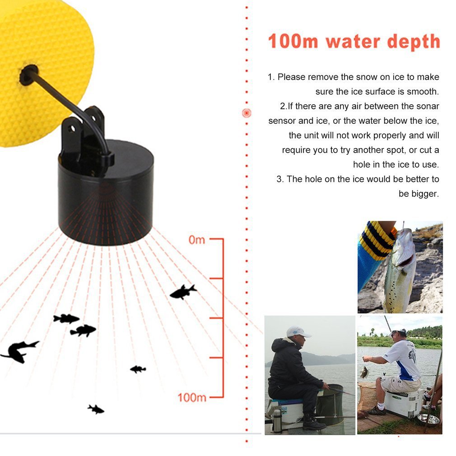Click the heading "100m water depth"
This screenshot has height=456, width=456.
click(x=354, y=42)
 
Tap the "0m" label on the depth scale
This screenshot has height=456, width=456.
click(x=196, y=240)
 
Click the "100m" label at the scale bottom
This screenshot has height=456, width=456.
click(x=191, y=397)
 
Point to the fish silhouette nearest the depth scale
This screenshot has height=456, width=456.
click(x=183, y=292)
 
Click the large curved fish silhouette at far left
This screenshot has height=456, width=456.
click(x=19, y=351)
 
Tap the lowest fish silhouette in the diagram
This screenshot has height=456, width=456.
click(x=96, y=409)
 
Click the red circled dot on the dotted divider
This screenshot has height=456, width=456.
click(x=247, y=113)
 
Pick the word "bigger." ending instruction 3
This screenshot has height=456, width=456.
click(x=419, y=194)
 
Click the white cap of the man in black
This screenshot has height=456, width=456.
click(x=298, y=332)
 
